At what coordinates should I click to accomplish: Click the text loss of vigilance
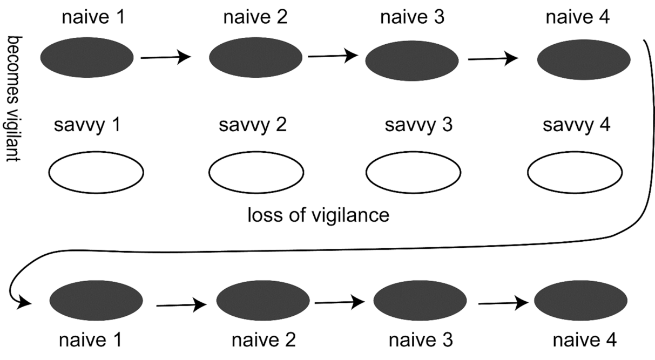pos(318,215)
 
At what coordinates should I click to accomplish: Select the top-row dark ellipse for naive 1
pos(87,58)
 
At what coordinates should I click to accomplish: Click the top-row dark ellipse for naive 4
pos(584,58)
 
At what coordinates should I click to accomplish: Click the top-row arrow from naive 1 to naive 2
pos(166,56)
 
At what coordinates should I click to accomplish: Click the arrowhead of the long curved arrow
pos(24,303)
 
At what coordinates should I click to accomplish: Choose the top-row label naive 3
pos(413,18)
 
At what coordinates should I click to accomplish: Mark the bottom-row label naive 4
pos(584,341)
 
